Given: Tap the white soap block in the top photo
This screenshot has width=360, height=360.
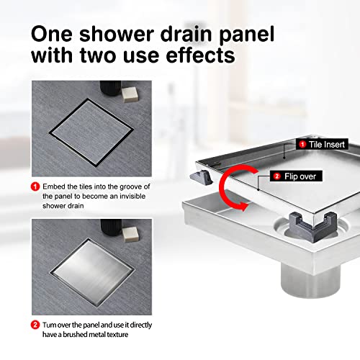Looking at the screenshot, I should [130, 95].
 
